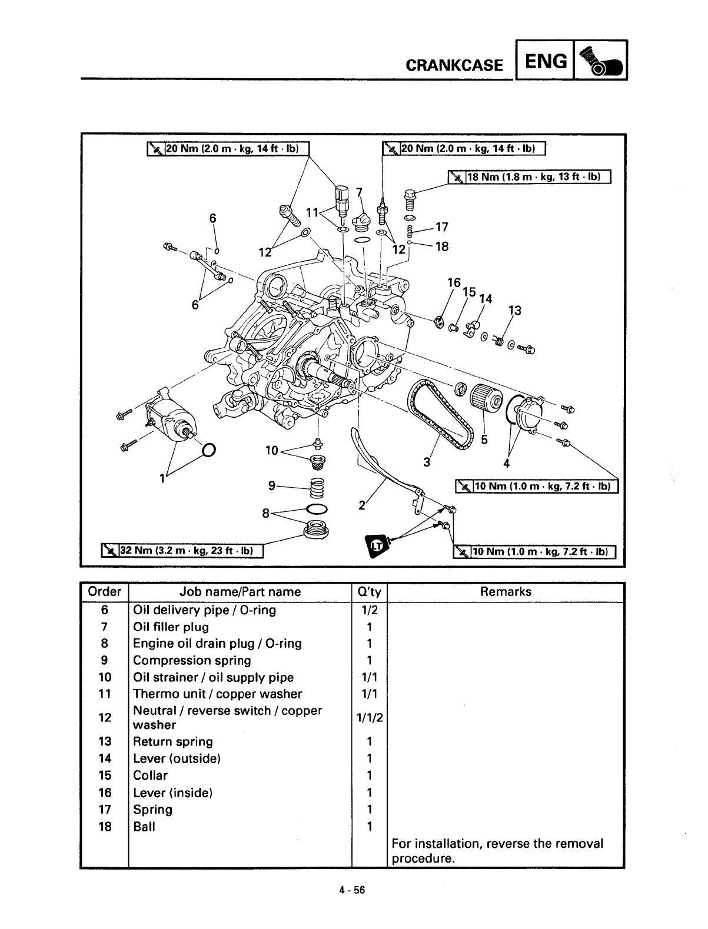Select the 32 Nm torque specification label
click(182, 551)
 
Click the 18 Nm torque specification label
click(530, 177)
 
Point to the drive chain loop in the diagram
click(439, 412)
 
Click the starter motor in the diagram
click(171, 415)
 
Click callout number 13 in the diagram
click(514, 311)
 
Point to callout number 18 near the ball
click(441, 247)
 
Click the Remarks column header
click(506, 592)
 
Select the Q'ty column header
click(370, 592)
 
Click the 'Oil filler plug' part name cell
click(171, 627)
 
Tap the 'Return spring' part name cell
click(172, 741)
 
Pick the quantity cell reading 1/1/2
click(370, 718)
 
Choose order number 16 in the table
click(104, 793)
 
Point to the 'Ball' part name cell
click(144, 827)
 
